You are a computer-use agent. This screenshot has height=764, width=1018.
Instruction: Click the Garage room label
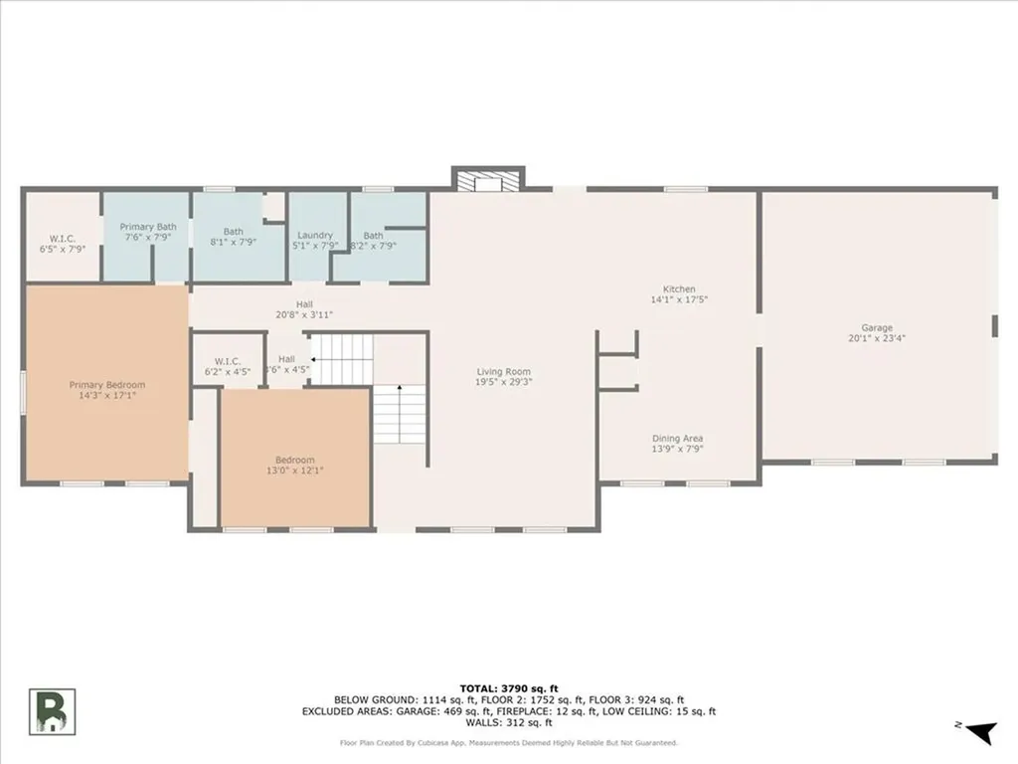click(x=877, y=327)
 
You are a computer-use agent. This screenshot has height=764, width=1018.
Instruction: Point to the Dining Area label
click(x=678, y=438)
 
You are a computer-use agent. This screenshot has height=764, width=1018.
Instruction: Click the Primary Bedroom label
click(x=106, y=385)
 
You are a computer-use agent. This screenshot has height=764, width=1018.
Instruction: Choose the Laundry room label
click(x=314, y=236)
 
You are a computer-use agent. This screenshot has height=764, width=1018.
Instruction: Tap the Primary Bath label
click(x=148, y=227)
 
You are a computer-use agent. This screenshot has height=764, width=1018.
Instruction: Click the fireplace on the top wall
click(x=487, y=179)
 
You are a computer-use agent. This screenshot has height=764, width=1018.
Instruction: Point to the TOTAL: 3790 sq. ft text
click(x=508, y=688)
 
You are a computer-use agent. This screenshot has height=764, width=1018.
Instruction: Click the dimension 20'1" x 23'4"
click(x=877, y=338)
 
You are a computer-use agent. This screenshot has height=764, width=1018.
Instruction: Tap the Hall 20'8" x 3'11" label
click(x=303, y=309)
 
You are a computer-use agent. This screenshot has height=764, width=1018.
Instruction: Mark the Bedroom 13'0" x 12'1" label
click(x=295, y=465)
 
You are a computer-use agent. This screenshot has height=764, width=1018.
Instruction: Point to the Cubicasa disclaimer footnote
click(x=508, y=742)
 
